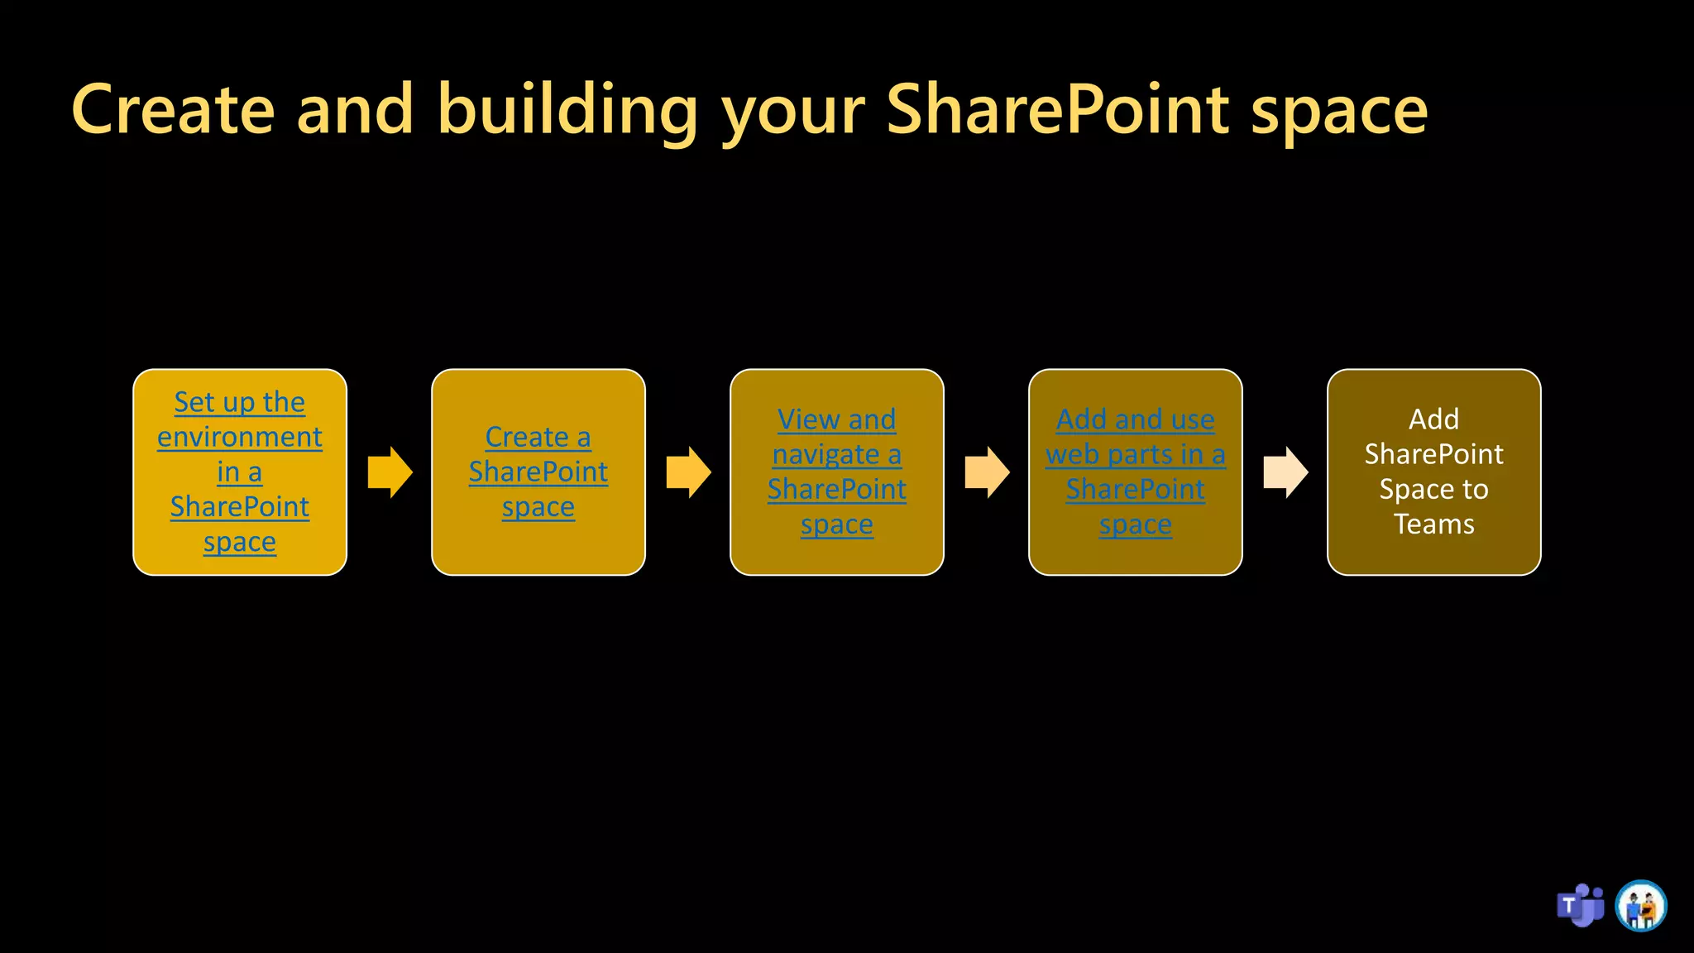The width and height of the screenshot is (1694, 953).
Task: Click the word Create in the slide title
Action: tap(173, 110)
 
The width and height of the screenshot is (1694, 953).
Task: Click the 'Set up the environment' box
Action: tap(240, 472)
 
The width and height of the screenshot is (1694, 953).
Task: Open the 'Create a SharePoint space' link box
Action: tap(538, 472)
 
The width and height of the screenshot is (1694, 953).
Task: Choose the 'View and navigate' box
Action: tap(837, 472)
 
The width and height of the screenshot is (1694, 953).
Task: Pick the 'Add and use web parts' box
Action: tap(1136, 472)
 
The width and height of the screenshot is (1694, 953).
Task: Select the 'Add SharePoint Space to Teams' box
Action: tap(1434, 472)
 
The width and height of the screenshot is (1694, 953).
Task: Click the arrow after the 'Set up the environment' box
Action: tap(390, 472)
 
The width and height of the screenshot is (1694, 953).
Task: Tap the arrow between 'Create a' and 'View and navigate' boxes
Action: tap(689, 472)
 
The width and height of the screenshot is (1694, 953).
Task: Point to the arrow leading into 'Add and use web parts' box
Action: tap(988, 472)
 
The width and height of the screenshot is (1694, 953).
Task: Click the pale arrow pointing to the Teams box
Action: tap(1286, 472)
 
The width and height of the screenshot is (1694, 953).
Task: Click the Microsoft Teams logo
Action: tap(1581, 906)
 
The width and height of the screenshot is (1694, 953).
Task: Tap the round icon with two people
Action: tap(1641, 906)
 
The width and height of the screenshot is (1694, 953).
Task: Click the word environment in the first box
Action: tap(240, 437)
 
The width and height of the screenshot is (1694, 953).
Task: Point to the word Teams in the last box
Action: tap(1434, 524)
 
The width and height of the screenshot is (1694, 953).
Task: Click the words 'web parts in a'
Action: tap(1136, 454)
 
